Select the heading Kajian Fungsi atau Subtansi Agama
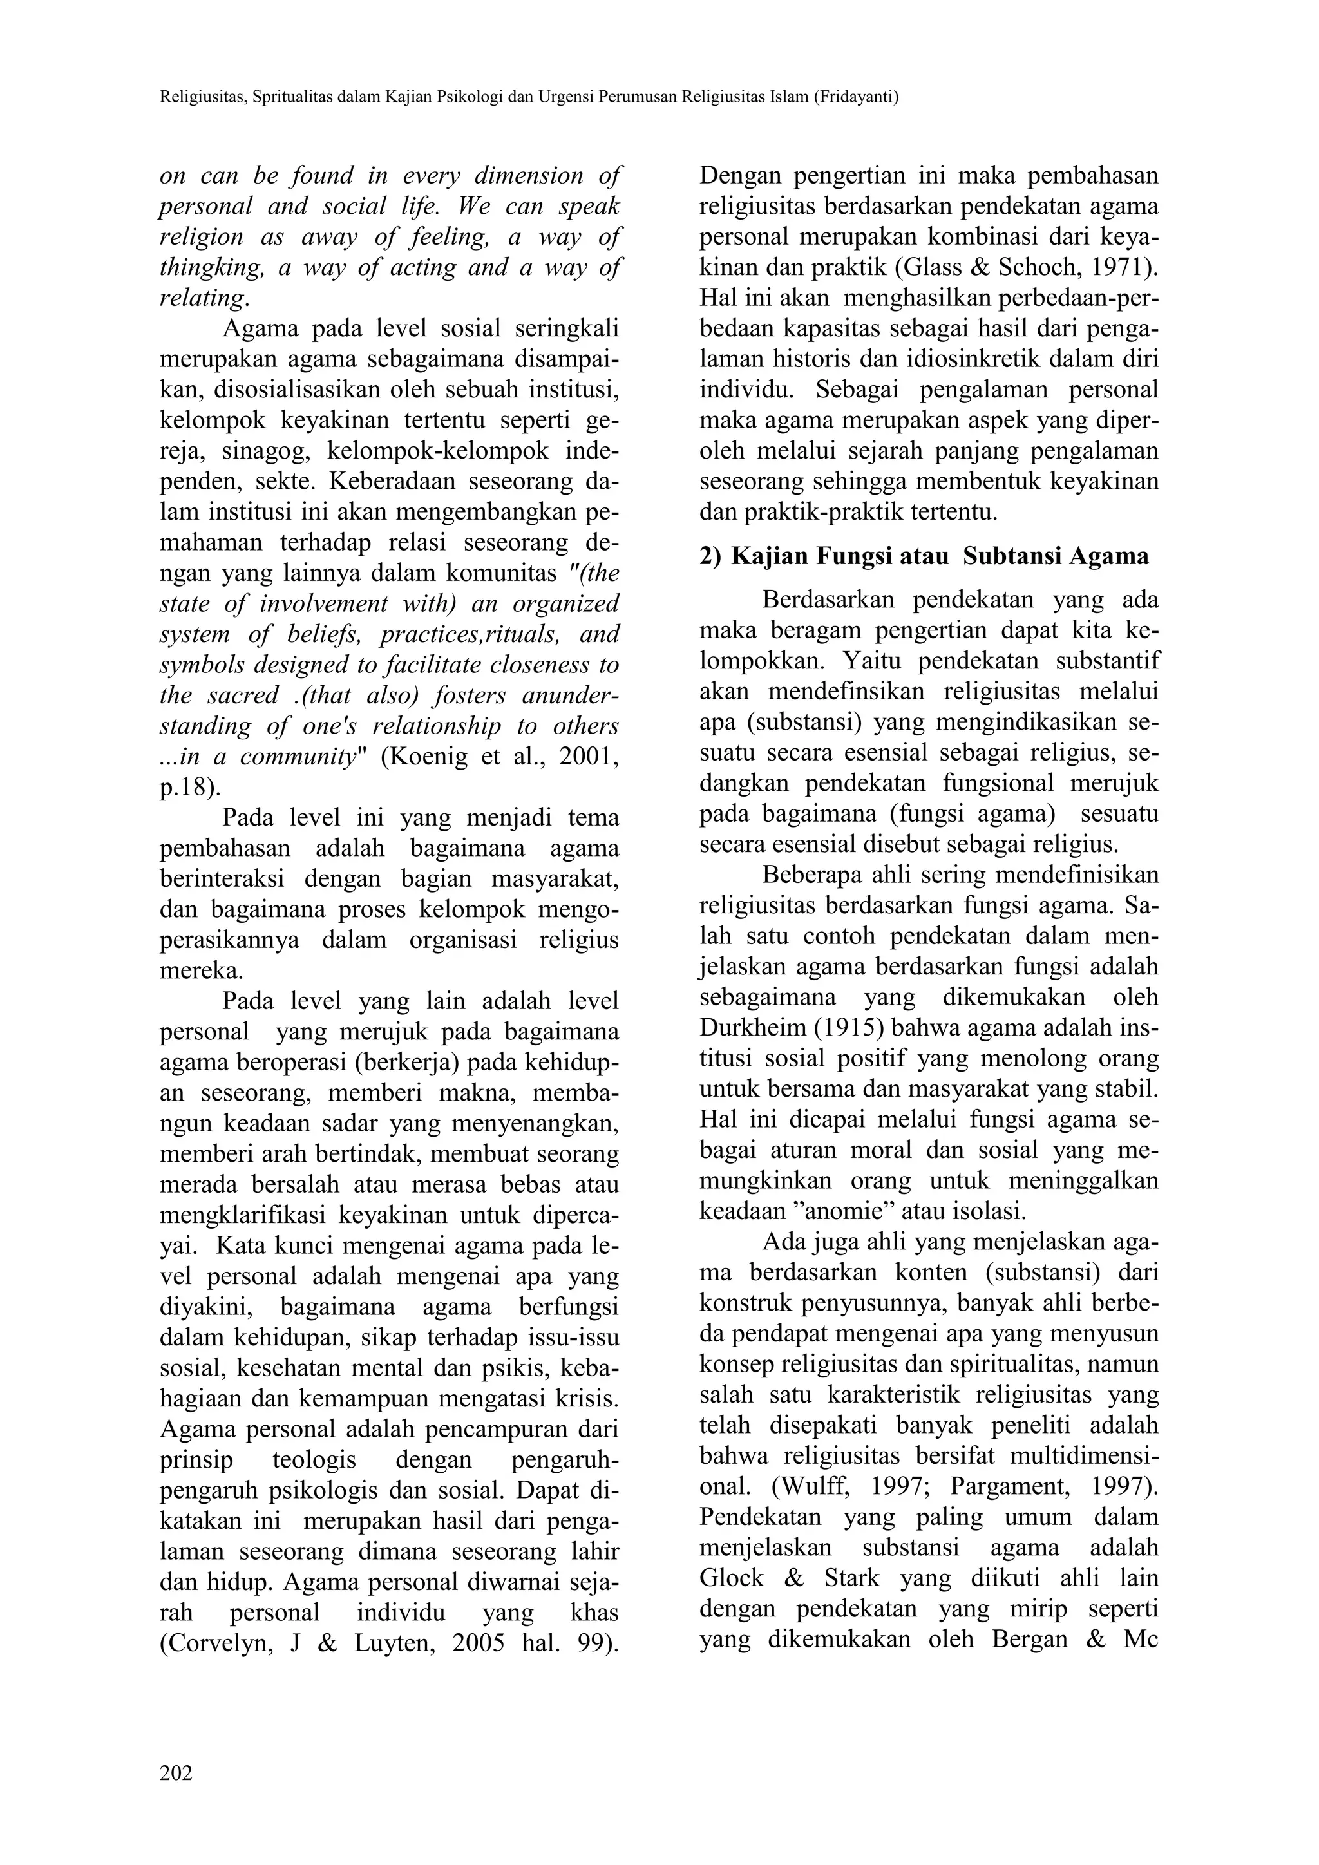(x=940, y=556)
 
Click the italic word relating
(x=202, y=298)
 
